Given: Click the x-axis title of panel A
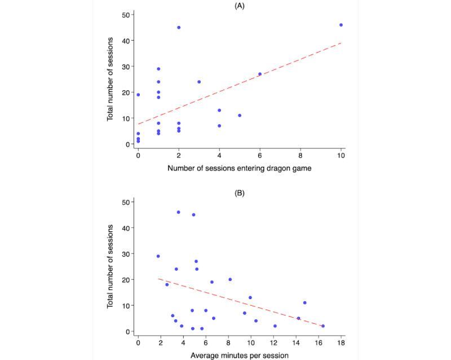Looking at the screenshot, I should tap(239, 169).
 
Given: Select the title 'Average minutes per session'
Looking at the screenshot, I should tap(239, 356).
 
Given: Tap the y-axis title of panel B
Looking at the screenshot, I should tap(113, 266).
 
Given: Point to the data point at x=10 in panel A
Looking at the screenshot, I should tap(341, 25).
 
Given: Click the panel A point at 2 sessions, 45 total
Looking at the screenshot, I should tap(179, 27).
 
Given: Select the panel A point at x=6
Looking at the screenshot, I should tap(260, 74).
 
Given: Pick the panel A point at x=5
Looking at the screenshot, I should tap(240, 116).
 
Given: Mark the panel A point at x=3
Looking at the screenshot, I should tap(199, 82).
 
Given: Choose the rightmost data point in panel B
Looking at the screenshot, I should tap(323, 326).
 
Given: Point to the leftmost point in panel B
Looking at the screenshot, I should tap(158, 256).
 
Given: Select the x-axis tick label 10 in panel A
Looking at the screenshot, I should tap(341, 155).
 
